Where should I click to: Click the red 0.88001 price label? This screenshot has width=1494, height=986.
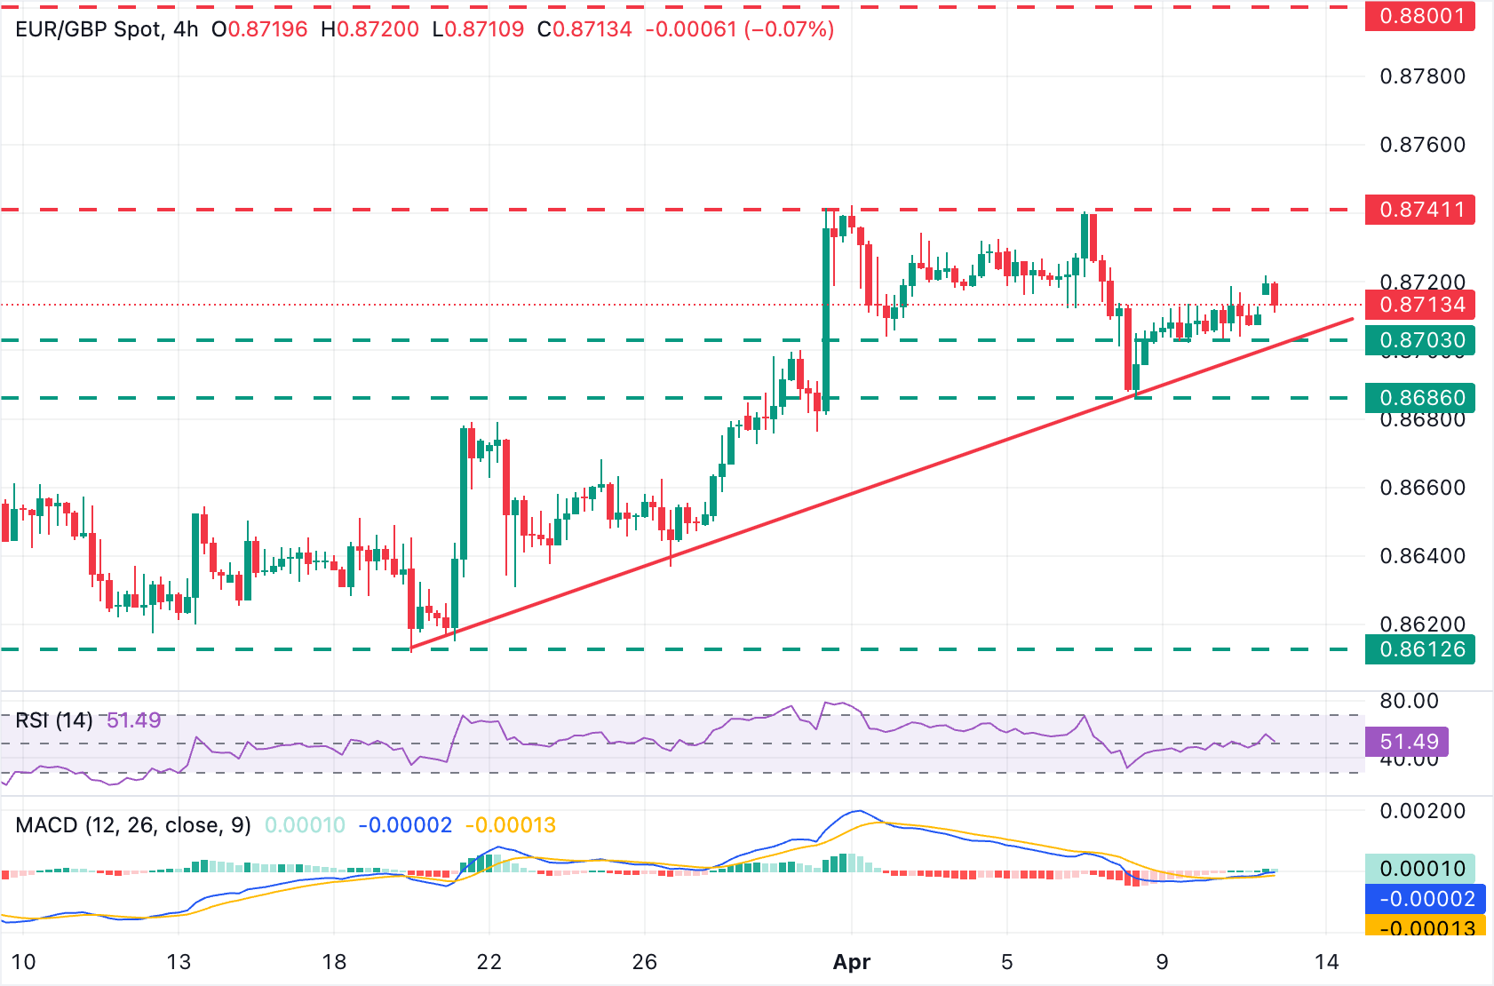1420,16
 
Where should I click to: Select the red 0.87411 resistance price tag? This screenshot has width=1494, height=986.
1420,210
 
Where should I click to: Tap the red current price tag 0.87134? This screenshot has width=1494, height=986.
1420,305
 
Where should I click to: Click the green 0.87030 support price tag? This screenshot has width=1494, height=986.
1420,340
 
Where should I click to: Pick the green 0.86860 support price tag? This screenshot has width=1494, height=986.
1420,398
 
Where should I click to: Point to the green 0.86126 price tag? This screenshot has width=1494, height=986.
1420,649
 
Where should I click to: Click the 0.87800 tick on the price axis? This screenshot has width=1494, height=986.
1422,76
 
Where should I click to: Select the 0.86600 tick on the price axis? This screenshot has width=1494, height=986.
1422,488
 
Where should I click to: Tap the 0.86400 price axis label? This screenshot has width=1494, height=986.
1422,556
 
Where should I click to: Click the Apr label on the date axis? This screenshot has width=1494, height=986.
852,962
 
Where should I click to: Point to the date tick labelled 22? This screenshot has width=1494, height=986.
489,962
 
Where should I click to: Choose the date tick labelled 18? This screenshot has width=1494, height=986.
334,962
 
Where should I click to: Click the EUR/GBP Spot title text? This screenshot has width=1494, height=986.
89,29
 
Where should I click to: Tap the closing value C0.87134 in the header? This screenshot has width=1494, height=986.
584,29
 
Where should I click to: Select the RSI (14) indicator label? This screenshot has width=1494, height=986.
54,720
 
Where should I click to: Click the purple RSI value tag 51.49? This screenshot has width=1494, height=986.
1410,742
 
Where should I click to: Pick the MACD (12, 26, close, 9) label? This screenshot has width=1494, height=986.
133,825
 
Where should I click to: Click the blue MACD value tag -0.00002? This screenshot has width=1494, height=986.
1425,899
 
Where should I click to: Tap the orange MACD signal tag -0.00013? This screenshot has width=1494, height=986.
1425,927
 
